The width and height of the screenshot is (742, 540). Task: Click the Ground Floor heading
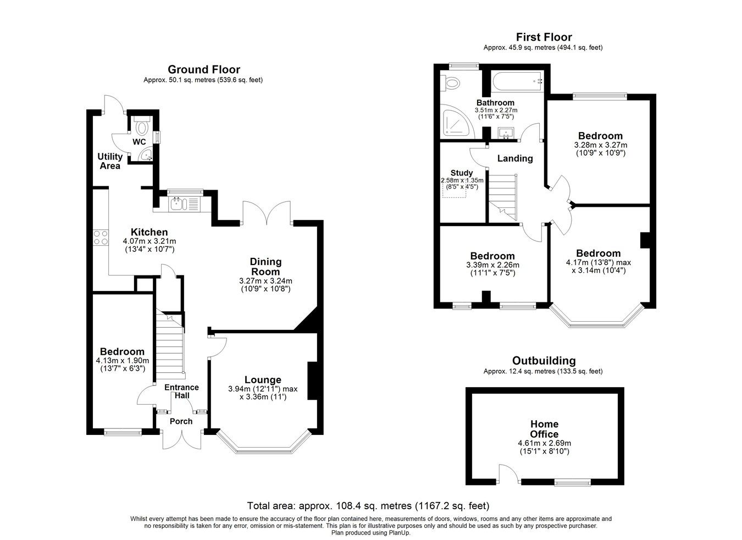[203, 69]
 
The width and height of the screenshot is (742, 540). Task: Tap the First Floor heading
[544, 37]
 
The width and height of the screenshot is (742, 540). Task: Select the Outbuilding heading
[544, 361]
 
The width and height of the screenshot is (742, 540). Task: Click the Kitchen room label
[149, 232]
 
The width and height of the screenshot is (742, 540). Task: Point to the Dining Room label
[266, 267]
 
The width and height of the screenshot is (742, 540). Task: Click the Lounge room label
[263, 379]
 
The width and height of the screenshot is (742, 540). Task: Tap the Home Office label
[544, 429]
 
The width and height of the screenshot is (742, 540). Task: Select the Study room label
[461, 173]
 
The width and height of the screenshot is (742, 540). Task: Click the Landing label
[515, 158]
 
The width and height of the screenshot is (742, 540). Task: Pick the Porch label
[181, 421]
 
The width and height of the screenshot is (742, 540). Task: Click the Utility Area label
[110, 161]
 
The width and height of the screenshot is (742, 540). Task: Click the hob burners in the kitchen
[101, 237]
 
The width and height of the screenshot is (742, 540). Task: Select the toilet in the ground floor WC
[142, 128]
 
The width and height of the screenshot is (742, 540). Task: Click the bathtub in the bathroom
[517, 82]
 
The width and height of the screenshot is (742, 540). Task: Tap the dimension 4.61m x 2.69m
[544, 443]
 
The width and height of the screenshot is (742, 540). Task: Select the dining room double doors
[267, 212]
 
